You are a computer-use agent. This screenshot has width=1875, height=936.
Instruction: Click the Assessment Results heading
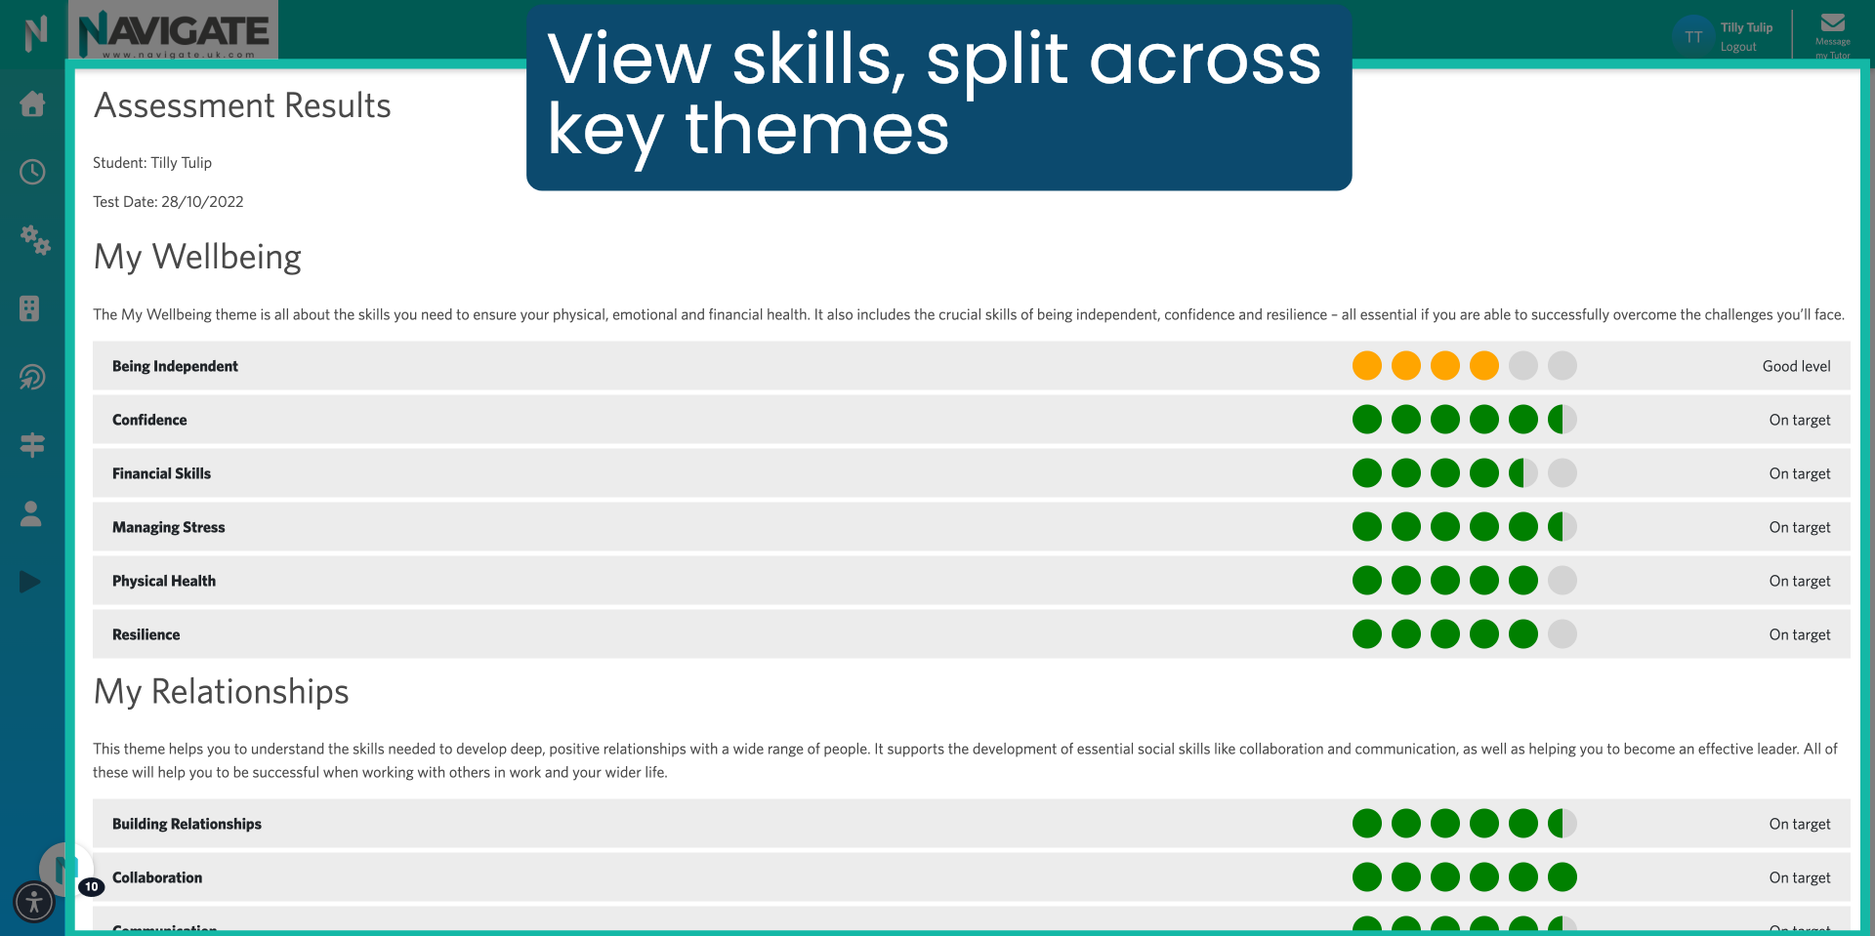242,105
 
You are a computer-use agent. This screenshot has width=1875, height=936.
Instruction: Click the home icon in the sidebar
32,103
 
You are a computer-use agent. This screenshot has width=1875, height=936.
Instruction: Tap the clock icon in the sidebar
32,172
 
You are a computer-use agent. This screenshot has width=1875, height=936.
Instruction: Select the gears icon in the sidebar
34,239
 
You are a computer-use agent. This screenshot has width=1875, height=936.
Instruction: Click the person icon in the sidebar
31,513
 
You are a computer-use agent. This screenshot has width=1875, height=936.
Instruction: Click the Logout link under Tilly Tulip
1737,47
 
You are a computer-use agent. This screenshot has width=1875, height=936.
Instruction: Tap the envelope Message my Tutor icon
1832,23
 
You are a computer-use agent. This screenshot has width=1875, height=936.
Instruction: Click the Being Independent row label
175,366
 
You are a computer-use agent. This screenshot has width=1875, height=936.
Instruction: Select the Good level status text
1796,366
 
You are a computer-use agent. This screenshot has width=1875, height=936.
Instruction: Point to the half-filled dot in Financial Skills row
1522,473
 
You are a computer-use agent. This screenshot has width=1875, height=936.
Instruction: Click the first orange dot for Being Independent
1366,366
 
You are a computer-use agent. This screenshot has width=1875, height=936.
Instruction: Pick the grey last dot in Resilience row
1562,634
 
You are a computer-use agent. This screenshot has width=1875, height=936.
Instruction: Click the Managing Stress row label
168,527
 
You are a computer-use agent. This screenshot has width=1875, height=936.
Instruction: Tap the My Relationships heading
221,691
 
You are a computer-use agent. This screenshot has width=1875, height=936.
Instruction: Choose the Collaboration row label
157,877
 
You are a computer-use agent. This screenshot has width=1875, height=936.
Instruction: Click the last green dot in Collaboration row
1562,877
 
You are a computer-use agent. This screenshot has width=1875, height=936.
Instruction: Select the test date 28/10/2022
202,202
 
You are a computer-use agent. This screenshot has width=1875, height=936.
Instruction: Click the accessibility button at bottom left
34,901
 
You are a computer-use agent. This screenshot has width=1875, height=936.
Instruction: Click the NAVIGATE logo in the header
174,31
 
